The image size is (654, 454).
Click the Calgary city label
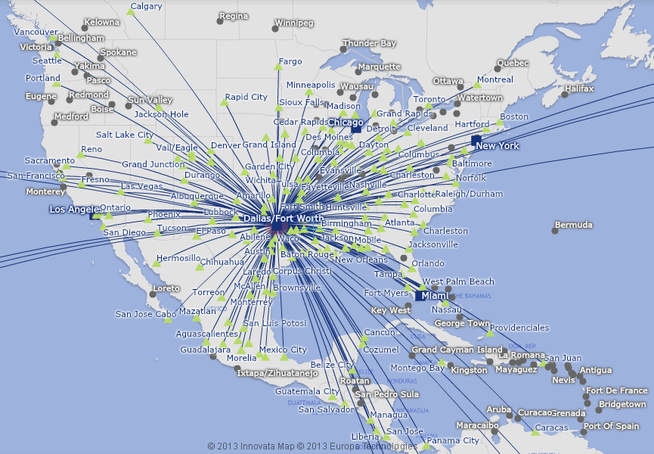(x=146, y=7)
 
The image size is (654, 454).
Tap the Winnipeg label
(x=293, y=23)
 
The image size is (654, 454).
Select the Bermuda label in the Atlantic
(x=574, y=225)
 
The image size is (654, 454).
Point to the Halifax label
(x=579, y=89)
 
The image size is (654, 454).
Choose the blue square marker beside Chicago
(x=355, y=129)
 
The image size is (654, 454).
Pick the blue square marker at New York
(x=476, y=141)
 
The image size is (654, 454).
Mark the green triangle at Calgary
(x=130, y=12)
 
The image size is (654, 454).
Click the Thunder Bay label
(x=369, y=44)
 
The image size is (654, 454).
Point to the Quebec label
(x=513, y=63)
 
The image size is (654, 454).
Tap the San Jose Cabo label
(x=145, y=314)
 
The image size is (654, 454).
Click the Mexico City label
(x=283, y=350)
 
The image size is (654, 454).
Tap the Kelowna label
(x=102, y=23)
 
